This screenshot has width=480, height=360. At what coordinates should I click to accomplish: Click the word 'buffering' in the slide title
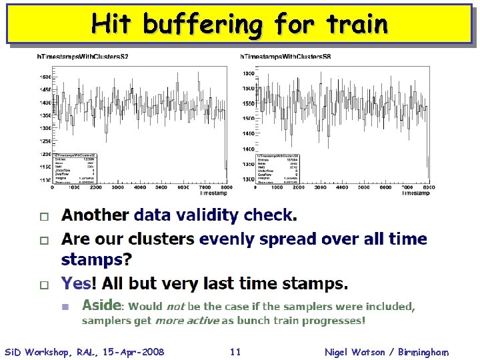click(x=203, y=25)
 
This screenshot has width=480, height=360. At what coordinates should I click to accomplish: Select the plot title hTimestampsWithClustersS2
click(x=83, y=57)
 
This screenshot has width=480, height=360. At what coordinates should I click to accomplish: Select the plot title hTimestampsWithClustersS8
click(x=285, y=57)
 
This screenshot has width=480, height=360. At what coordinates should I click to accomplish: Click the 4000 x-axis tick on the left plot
click(x=139, y=189)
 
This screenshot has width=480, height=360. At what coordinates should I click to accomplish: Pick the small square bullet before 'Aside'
click(x=65, y=307)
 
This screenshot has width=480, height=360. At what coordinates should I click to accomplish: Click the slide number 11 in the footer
click(x=234, y=351)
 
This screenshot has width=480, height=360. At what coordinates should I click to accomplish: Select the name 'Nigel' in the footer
click(x=339, y=351)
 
